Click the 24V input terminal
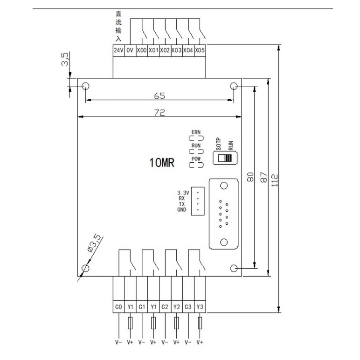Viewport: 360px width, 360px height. (x=118, y=50)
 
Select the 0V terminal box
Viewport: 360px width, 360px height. (x=130, y=50)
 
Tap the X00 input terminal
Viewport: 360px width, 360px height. (x=141, y=50)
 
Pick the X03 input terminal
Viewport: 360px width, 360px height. (x=176, y=50)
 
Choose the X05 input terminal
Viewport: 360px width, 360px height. (x=200, y=50)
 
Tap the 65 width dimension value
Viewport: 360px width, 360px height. (x=159, y=96)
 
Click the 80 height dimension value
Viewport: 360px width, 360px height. (x=250, y=177)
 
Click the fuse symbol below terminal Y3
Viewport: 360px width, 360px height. (x=200, y=323)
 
